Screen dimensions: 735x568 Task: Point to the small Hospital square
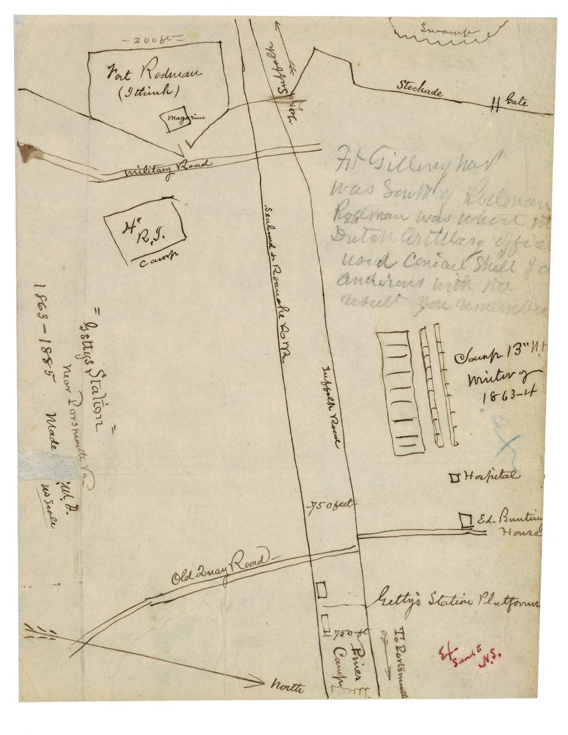tap(455, 477)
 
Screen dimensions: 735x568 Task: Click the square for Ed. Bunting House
tap(467, 519)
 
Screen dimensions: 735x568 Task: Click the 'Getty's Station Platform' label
tap(456, 603)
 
